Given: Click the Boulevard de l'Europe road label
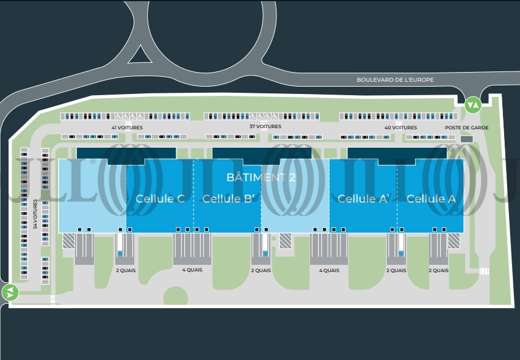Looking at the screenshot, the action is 395,79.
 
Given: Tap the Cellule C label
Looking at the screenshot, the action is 160,198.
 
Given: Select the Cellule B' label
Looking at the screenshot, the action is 228,198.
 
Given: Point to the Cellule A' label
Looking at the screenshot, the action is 364,198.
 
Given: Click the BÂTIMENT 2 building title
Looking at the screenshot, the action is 261,177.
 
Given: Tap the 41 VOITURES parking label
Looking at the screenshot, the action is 127,128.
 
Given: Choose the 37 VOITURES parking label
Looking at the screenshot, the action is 265,126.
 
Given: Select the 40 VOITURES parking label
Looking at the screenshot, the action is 400,128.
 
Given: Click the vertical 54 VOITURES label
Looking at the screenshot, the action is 35,214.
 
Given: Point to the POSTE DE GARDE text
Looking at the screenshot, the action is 467,128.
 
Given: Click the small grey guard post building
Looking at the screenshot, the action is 467,139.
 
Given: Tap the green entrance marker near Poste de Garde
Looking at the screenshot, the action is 473,105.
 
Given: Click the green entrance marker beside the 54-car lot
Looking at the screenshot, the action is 10,293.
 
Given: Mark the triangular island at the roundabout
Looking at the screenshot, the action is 140,56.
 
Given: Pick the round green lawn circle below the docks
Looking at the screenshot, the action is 175,296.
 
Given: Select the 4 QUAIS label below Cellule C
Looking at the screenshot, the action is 192,270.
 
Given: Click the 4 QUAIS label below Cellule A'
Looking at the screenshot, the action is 329,270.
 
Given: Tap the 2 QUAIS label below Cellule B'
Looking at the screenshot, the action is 261,270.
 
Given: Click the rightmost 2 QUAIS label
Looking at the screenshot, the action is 438,270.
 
